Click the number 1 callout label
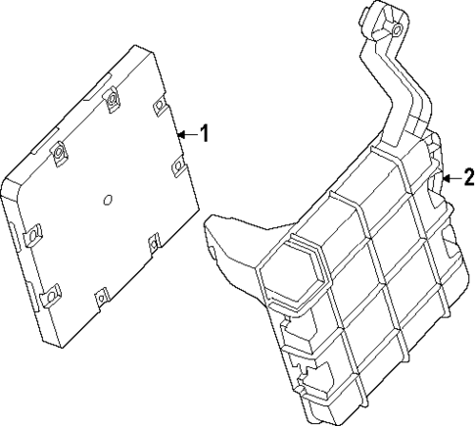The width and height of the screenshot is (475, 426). click(205, 134)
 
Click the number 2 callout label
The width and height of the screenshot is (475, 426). click(468, 177)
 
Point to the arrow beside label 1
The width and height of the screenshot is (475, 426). click(187, 134)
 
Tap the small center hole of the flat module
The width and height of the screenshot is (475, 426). click(107, 203)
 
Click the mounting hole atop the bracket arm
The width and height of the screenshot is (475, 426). click(394, 31)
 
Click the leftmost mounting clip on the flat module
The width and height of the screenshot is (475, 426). click(31, 235)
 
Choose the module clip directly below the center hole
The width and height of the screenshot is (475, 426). click(102, 294)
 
